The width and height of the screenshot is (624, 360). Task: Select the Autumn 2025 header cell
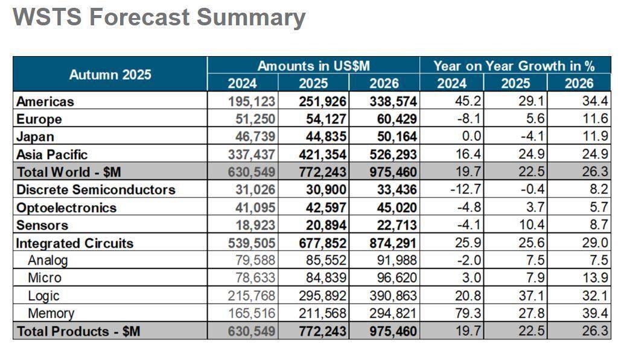click(110, 75)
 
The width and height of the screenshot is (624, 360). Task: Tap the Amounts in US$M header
click(313, 66)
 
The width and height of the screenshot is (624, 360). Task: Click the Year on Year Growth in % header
click(514, 66)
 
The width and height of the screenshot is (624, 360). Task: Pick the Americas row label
click(45, 101)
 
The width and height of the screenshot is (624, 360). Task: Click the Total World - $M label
click(69, 172)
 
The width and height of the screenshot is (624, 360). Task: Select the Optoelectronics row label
click(66, 207)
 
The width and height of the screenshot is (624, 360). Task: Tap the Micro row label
click(45, 278)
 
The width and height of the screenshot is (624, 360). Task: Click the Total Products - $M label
click(78, 331)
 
